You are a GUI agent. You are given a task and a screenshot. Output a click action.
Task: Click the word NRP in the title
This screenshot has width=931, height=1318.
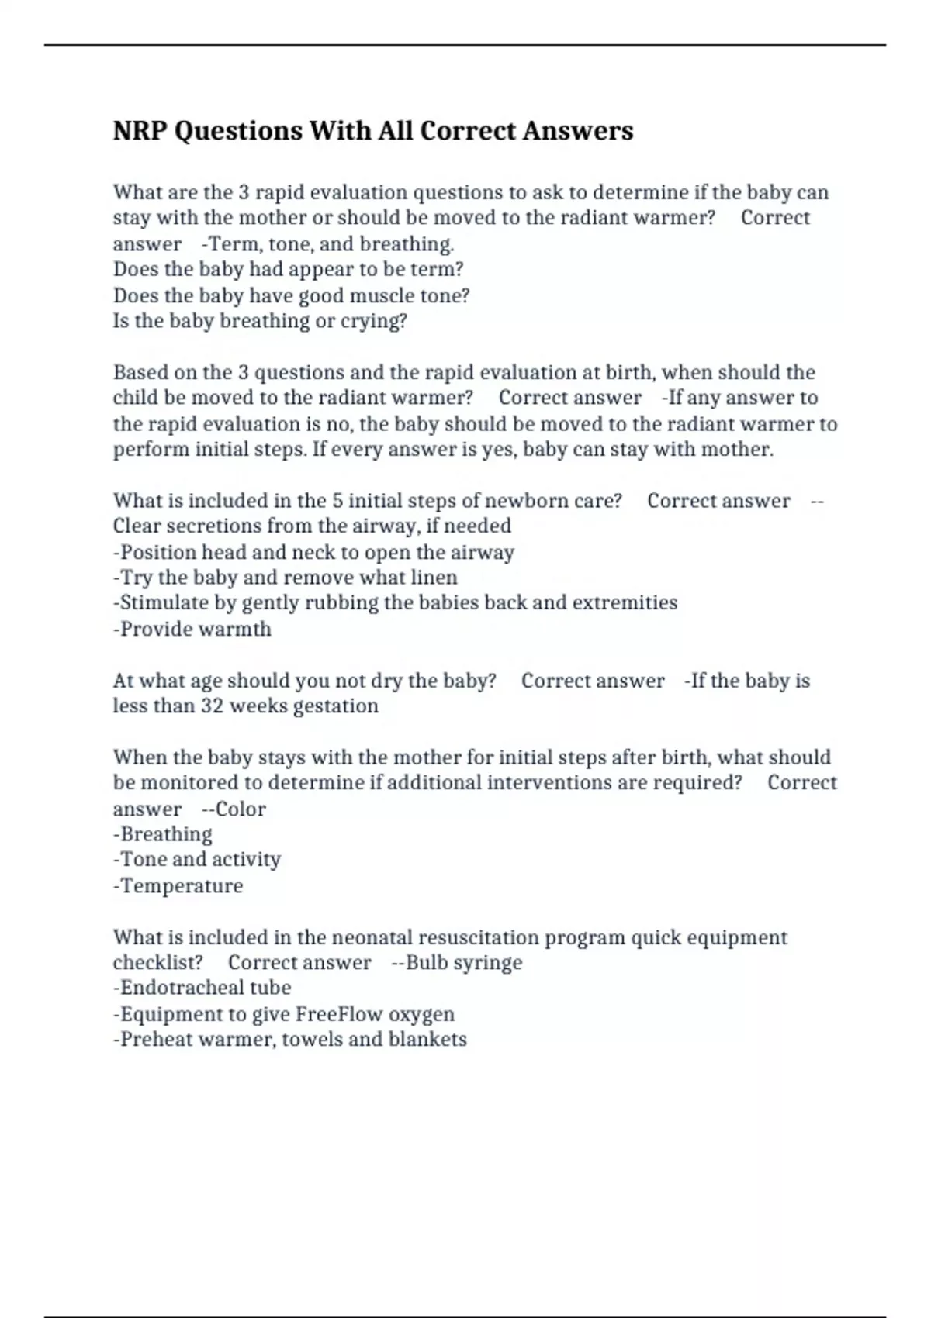click(x=140, y=131)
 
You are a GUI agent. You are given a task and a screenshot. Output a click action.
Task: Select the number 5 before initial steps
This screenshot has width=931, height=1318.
click(x=337, y=501)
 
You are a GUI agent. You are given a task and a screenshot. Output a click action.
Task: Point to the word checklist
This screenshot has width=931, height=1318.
click(x=157, y=963)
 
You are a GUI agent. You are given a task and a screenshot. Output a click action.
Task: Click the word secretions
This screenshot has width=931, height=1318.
click(x=202, y=526)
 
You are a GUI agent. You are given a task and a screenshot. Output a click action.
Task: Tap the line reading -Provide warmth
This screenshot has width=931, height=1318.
click(x=192, y=629)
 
